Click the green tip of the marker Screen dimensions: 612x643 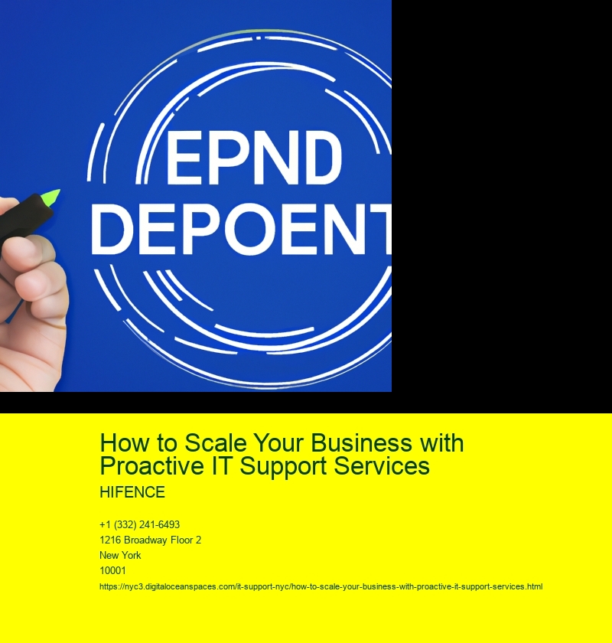[x=53, y=197]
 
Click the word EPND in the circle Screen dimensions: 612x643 [x=254, y=158]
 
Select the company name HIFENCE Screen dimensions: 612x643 [x=132, y=492]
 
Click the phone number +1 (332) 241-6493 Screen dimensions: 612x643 [x=140, y=525]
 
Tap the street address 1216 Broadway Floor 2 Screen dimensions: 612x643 [x=151, y=540]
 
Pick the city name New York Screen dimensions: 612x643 [x=120, y=555]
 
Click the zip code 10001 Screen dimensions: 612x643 [x=112, y=570]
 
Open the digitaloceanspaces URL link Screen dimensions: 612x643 [x=321, y=587]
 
